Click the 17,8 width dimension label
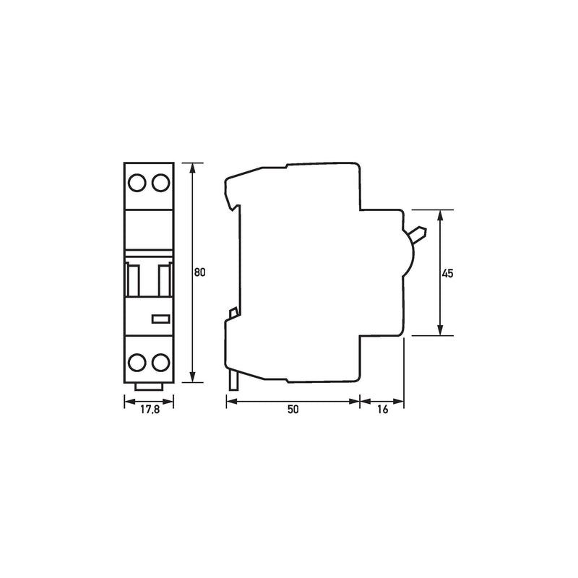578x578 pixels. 150,410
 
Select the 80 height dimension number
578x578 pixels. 200,272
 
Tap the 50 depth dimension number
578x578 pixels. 293,410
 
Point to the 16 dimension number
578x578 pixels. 383,410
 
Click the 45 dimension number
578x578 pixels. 447,274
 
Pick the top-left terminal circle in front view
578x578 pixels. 137,183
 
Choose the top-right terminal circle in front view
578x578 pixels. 161,183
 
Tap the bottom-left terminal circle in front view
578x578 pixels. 137,363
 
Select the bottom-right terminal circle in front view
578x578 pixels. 161,363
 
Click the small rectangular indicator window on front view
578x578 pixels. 161,319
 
